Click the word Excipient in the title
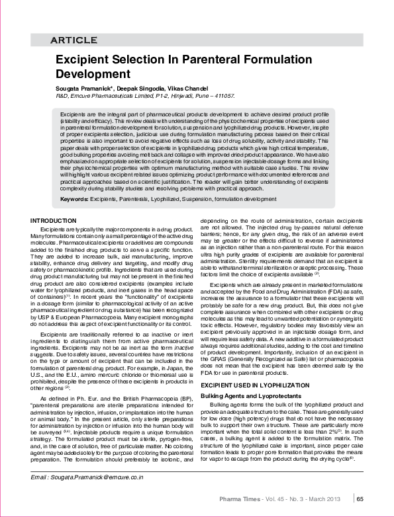pos(84,60)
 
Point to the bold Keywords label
pos(74,180)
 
